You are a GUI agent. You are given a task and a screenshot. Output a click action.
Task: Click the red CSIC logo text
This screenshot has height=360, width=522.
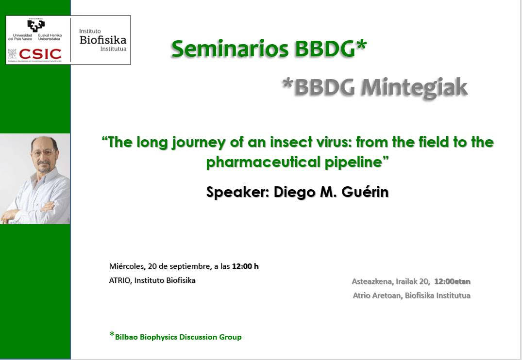click(x=40, y=54)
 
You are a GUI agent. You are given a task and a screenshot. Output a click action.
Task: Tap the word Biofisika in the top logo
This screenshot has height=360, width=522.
click(x=103, y=40)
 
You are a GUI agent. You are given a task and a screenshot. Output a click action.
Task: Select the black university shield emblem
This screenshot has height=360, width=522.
click(x=36, y=25)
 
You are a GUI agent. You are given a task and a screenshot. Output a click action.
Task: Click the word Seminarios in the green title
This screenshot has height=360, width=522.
click(x=230, y=49)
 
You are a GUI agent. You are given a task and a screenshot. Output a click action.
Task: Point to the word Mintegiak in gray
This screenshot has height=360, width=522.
click(x=415, y=87)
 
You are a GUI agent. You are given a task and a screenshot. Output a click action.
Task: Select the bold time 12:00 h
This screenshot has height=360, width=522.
click(x=245, y=266)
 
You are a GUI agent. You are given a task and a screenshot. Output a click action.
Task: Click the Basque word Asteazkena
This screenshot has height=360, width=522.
click(x=372, y=281)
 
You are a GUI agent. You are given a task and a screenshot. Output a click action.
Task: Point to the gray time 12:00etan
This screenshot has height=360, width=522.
click(x=453, y=281)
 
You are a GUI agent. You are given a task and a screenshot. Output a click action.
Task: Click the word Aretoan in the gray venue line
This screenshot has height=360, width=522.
click(x=387, y=295)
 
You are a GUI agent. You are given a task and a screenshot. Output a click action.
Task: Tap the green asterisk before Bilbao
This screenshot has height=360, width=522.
click(x=112, y=334)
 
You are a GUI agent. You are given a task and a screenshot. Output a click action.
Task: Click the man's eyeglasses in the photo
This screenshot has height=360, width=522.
click(x=42, y=153)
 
